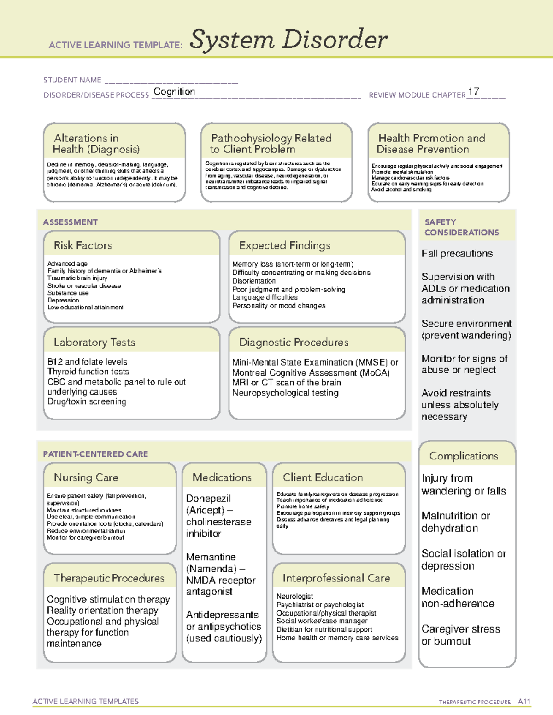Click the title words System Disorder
point(288,40)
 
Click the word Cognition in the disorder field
point(174,92)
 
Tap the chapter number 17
point(473,92)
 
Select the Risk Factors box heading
point(82,245)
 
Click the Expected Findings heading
point(284,245)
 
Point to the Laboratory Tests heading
point(94,342)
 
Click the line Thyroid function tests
point(88,372)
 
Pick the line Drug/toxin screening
point(87,401)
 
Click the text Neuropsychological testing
point(285,393)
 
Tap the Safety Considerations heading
point(461,227)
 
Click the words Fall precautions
point(457,254)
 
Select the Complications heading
point(464,456)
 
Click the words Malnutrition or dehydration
point(455,522)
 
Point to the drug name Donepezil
point(208,499)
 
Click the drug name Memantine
point(211,557)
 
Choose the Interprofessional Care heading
point(336,578)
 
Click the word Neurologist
point(294,596)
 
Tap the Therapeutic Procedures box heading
point(109,578)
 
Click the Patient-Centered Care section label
point(95,454)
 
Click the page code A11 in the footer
point(524,702)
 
